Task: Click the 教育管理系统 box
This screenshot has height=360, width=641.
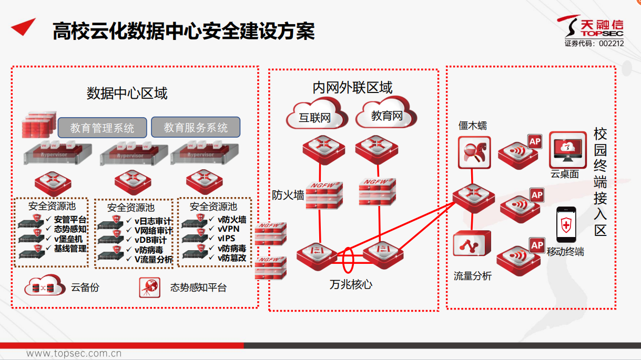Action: pos(102,128)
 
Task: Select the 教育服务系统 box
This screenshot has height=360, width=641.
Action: pos(196,127)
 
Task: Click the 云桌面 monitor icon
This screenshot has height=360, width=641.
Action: pos(567,149)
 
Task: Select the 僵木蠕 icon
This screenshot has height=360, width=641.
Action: pos(474,152)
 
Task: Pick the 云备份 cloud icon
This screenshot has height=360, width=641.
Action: pos(43,287)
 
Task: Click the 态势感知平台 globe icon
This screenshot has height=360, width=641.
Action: pos(150,287)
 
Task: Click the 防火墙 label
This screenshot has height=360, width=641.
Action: pos(288,195)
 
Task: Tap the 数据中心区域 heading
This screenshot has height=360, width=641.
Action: pos(127,94)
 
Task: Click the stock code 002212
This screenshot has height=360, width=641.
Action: pos(611,44)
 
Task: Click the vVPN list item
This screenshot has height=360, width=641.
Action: pos(229,229)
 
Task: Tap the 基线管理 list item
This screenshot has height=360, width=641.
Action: pos(70,248)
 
